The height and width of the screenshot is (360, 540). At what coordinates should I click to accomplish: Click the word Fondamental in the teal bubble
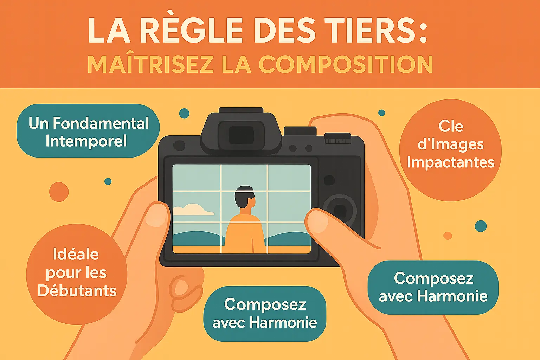101,123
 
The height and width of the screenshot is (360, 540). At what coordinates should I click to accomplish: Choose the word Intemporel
86,141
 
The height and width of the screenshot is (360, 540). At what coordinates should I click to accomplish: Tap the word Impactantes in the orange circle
450,162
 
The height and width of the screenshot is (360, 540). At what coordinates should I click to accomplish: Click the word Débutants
77,291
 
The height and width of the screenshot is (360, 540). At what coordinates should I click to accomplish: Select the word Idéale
76,254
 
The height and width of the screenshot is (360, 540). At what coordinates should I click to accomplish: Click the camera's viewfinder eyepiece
241,135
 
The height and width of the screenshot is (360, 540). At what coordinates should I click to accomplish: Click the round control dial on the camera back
340,210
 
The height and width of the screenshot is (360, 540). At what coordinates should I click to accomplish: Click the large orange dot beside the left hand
59,192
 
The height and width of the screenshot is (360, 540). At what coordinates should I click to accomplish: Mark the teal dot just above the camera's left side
184,113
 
